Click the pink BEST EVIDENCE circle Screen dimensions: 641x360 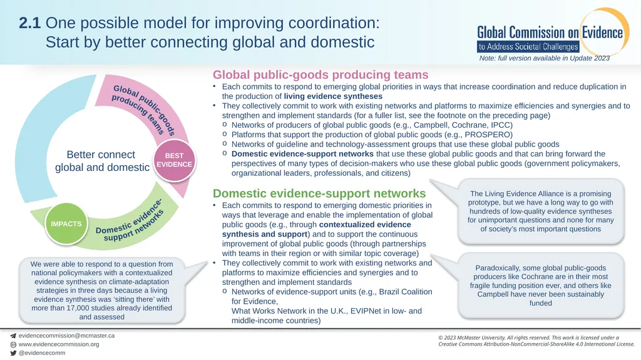pyautogui.click(x=174, y=160)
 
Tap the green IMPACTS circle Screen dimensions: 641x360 pyautogui.click(x=66, y=224)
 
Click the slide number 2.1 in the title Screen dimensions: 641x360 pyautogui.click(x=30, y=23)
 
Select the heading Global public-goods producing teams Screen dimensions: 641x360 pyautogui.click(x=320, y=75)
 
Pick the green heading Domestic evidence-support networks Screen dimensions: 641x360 pyautogui.click(x=319, y=193)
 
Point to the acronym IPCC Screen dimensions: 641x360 pyautogui.click(x=500, y=125)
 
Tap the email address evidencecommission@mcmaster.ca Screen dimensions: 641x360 pyautogui.click(x=66, y=336)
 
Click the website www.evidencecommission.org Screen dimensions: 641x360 pyautogui.click(x=59, y=344)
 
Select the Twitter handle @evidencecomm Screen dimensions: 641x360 pyautogui.click(x=42, y=353)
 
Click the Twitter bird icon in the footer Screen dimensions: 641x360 pyautogui.click(x=13, y=353)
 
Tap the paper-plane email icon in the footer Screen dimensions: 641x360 pyautogui.click(x=13, y=336)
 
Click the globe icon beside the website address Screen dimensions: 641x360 pyautogui.click(x=13, y=344)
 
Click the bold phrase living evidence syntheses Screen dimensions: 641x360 pyautogui.click(x=333, y=96)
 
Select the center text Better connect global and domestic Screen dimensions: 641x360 pyautogui.click(x=102, y=161)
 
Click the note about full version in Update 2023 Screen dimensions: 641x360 pyautogui.click(x=544, y=58)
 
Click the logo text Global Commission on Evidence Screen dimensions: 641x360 pyautogui.click(x=550, y=33)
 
